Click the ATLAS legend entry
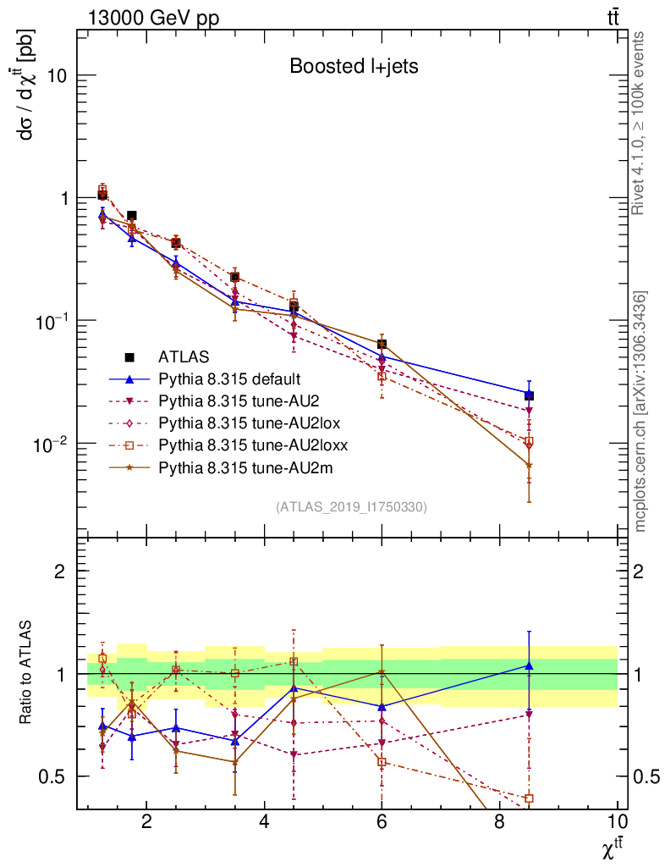coord(184,356)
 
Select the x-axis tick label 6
coord(382,822)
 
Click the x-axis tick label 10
coord(617,822)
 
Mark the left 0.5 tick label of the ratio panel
coord(55,776)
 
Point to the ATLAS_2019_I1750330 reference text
coord(351,507)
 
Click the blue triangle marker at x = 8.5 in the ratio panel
coord(529,666)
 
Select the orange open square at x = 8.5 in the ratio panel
coord(529,798)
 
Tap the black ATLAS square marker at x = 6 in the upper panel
coord(382,344)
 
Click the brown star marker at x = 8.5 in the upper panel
coord(529,465)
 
